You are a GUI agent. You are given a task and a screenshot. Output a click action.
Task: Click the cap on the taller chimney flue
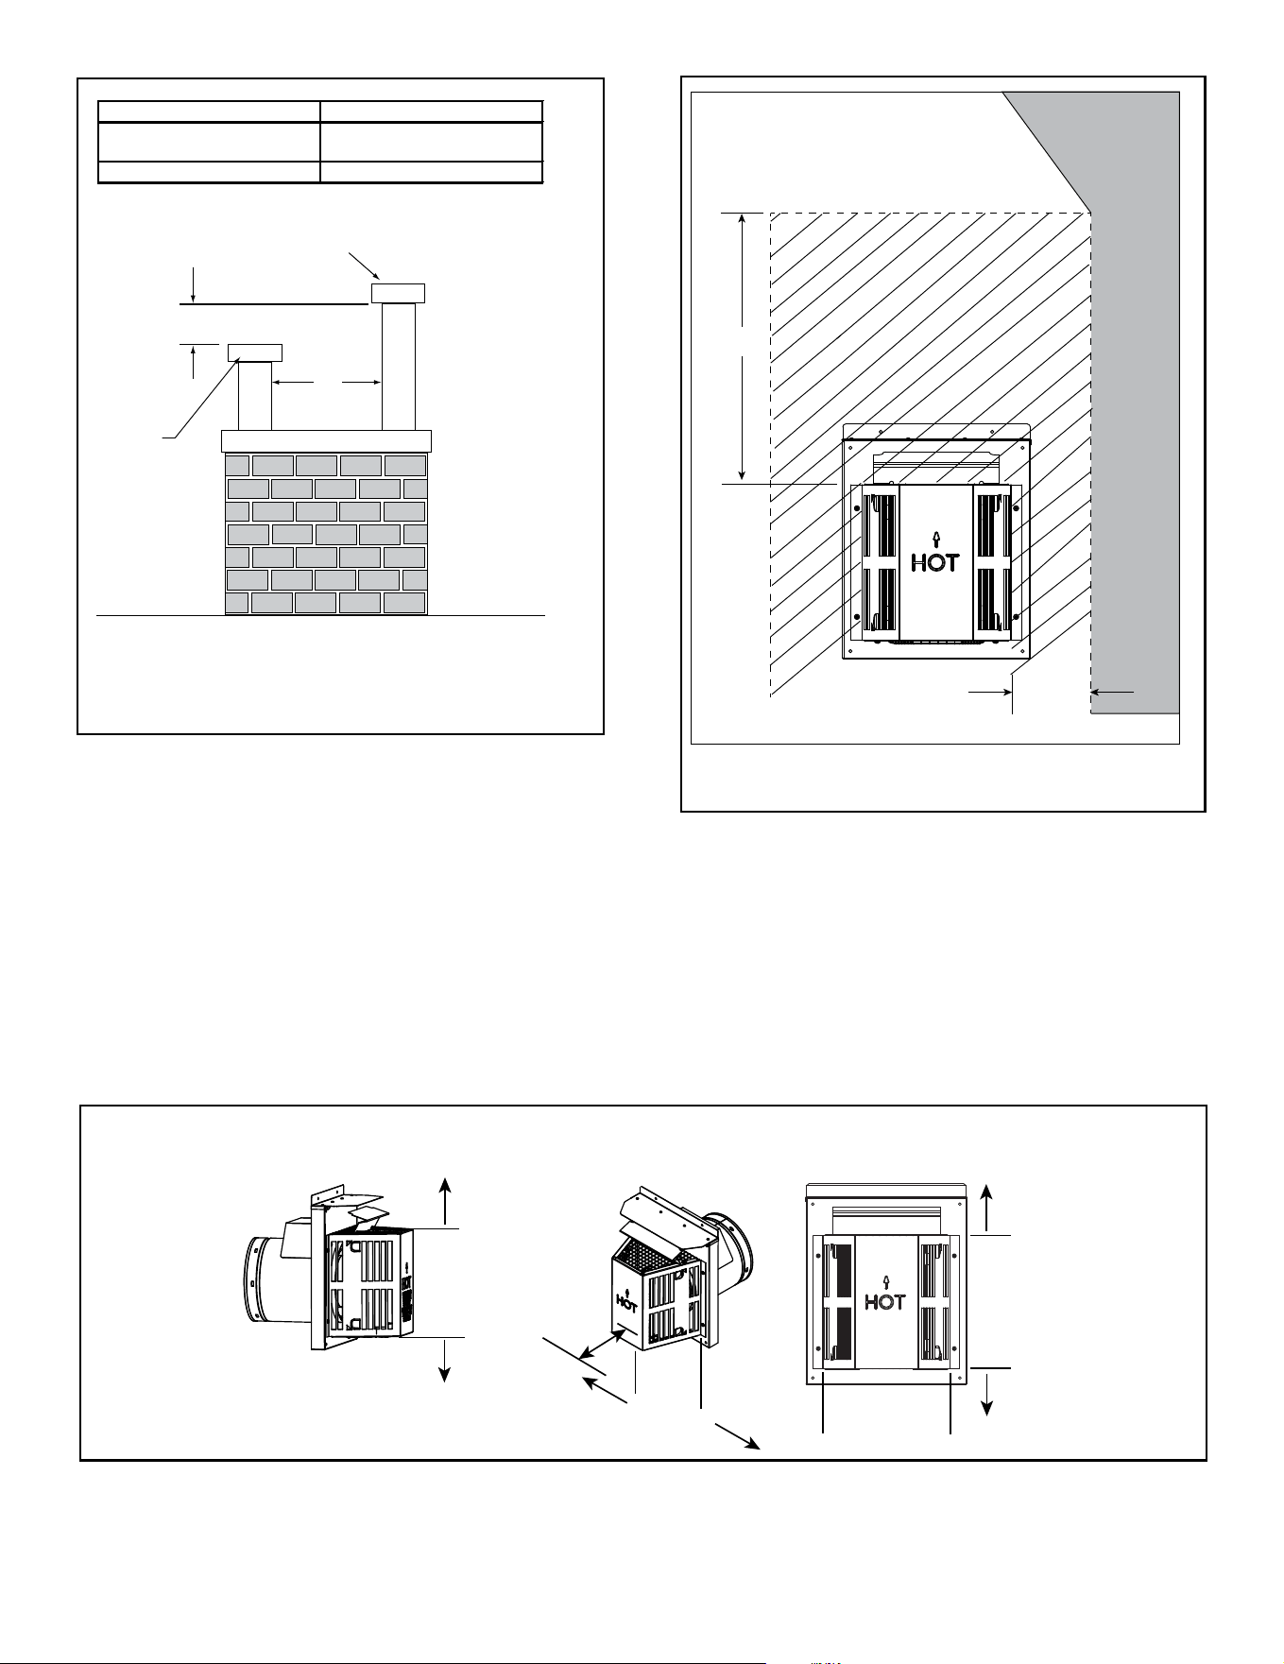point(398,294)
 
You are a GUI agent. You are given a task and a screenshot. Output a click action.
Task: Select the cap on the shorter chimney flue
point(255,353)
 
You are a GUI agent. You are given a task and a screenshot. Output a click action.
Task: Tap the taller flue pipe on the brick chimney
point(398,367)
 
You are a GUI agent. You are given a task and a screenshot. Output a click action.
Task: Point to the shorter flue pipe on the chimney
point(255,396)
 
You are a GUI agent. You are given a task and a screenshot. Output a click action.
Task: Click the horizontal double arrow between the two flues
point(327,382)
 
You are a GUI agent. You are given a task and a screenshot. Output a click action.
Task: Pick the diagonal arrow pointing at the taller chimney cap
point(365,266)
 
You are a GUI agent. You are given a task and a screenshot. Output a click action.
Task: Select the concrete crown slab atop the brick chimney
point(326,441)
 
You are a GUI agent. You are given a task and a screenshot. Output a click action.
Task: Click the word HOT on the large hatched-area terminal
point(935,562)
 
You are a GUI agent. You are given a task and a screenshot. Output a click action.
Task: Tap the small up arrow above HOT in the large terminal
point(935,540)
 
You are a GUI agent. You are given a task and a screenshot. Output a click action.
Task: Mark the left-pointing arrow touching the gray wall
point(1113,692)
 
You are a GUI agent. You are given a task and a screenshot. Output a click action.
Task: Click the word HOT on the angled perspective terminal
point(626,1302)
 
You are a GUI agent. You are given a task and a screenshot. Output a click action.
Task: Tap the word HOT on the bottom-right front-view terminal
point(885,1302)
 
